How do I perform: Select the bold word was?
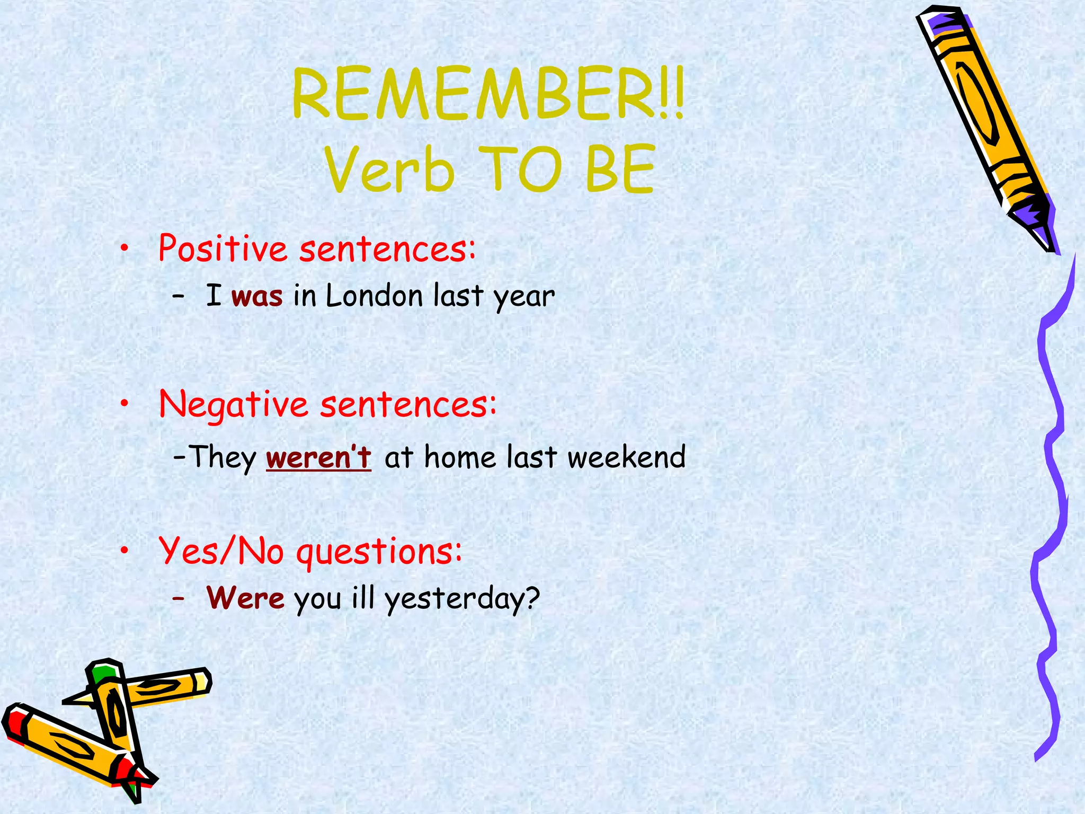[x=257, y=296]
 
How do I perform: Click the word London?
[x=374, y=295]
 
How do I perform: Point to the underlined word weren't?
[x=318, y=457]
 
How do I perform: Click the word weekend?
[x=626, y=457]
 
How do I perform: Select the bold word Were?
[x=245, y=598]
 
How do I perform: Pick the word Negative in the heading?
[x=234, y=404]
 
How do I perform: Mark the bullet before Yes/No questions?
[x=124, y=552]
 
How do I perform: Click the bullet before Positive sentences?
[x=124, y=247]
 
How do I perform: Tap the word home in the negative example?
[x=459, y=457]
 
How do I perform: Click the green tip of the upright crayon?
[x=102, y=673]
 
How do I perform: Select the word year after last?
[x=524, y=296]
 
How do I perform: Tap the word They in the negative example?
[x=223, y=457]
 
